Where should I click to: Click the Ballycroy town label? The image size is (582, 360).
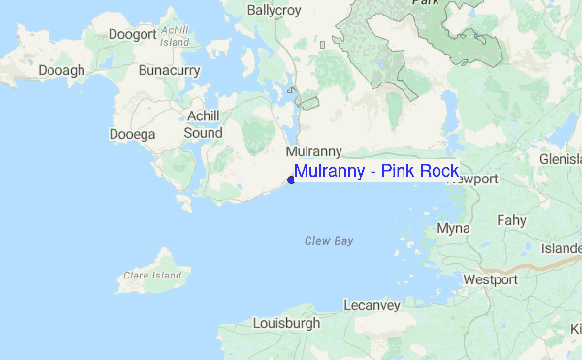(275, 11)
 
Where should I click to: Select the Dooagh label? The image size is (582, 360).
(60, 70)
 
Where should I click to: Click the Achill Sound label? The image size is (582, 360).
(204, 123)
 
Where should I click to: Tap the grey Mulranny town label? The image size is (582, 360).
(311, 152)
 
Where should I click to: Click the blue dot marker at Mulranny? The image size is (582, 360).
(291, 179)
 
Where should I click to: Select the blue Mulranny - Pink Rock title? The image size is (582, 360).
(376, 172)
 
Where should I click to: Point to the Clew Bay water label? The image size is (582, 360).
(329, 240)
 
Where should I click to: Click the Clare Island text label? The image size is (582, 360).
(152, 276)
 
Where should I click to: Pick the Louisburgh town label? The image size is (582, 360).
(286, 322)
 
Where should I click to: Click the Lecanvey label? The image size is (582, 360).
(372, 305)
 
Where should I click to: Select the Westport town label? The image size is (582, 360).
(490, 279)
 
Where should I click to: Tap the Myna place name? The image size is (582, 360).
(453, 229)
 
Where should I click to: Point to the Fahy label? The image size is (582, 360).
(511, 220)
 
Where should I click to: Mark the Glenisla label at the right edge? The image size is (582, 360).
(560, 159)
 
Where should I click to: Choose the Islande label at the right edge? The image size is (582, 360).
(561, 249)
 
